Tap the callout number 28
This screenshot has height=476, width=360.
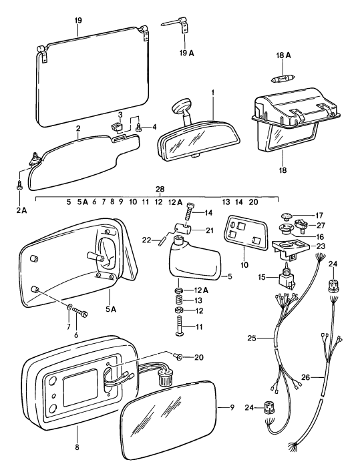tap(159, 190)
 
